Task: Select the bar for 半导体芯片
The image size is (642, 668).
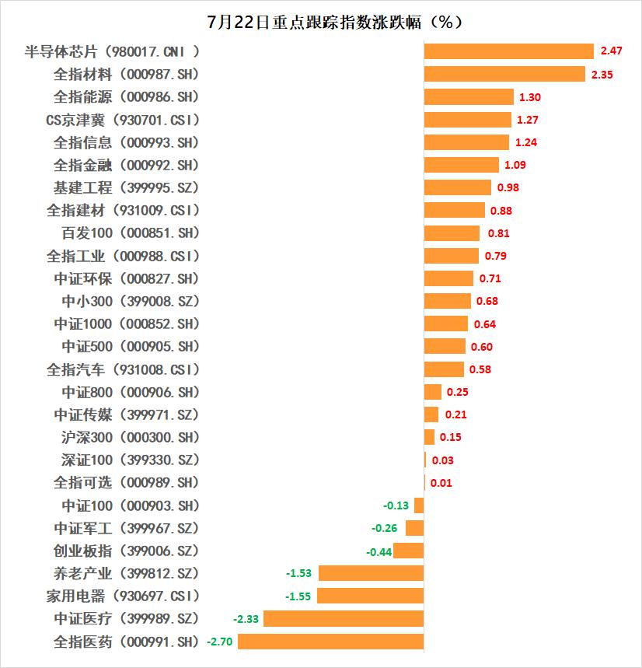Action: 509,51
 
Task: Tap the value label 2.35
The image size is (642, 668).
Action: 603,75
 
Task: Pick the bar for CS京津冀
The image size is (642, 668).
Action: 468,120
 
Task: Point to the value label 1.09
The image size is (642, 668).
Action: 515,165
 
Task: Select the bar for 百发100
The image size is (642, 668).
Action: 452,233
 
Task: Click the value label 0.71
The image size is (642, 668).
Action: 490,278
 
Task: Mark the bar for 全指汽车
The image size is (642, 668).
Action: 444,369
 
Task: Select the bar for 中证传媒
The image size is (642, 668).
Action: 431,414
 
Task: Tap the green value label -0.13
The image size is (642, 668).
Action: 396,505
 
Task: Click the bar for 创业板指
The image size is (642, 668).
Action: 409,551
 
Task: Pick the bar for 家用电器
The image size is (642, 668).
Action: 371,596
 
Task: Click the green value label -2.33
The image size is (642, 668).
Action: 246,619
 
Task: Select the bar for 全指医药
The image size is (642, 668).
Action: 331,642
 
